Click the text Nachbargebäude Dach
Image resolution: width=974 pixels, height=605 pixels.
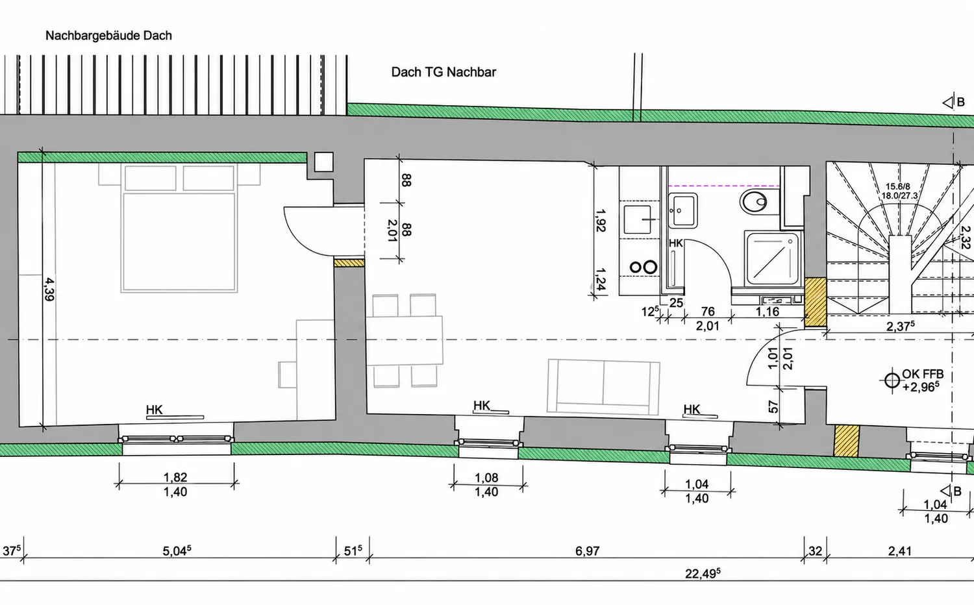pyautogui.click(x=108, y=36)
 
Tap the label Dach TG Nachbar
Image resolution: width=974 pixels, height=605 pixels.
pyautogui.click(x=443, y=72)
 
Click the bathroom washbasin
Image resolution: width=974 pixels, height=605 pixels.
pyautogui.click(x=683, y=211)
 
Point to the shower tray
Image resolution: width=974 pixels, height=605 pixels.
pyautogui.click(x=773, y=258)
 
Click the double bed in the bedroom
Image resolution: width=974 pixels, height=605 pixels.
pyautogui.click(x=179, y=227)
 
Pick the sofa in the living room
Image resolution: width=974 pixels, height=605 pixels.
pyautogui.click(x=603, y=386)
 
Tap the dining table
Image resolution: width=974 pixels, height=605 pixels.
pyautogui.click(x=405, y=340)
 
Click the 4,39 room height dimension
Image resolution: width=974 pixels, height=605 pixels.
pyautogui.click(x=49, y=290)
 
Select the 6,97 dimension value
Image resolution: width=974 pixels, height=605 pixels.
pyautogui.click(x=588, y=551)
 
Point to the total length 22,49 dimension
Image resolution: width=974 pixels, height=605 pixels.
pyautogui.click(x=703, y=574)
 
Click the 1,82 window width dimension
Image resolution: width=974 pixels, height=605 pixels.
pyautogui.click(x=175, y=477)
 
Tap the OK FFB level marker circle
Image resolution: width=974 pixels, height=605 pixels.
pyautogui.click(x=892, y=381)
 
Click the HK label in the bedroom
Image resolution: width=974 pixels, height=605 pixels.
pyautogui.click(x=155, y=410)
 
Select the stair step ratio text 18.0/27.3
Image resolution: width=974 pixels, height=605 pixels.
pyautogui.click(x=899, y=195)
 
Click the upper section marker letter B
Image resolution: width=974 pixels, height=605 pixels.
pyautogui.click(x=961, y=102)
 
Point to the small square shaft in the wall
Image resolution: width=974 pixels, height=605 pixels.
pyautogui.click(x=323, y=162)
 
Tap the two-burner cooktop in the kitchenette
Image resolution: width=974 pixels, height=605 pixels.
pyautogui.click(x=643, y=267)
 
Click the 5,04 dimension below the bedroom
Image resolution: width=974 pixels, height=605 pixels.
pyautogui.click(x=177, y=551)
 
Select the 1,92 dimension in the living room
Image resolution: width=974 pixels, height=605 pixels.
pyautogui.click(x=601, y=220)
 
